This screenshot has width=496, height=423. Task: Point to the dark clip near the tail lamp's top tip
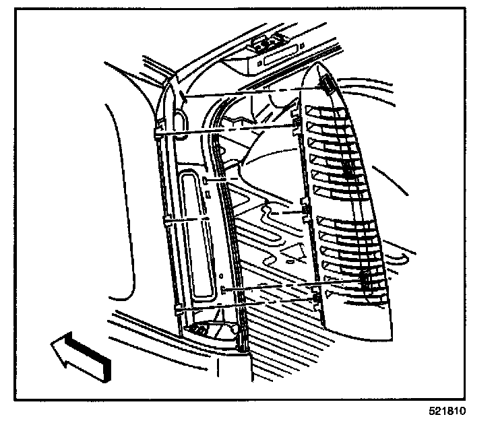point(328,85)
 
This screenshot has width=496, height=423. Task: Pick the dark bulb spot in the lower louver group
point(365,279)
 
